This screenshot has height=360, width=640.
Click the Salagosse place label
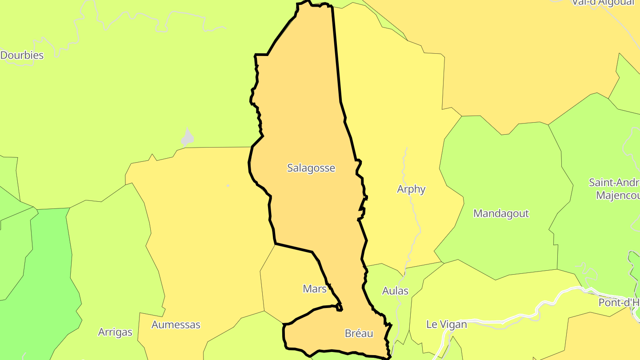pyautogui.click(x=311, y=168)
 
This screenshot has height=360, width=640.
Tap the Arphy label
pyautogui.click(x=411, y=189)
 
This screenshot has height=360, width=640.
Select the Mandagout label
pyautogui.click(x=501, y=213)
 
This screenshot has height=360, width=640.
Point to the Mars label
pyautogui.click(x=315, y=289)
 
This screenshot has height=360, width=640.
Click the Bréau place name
pyautogui.click(x=359, y=333)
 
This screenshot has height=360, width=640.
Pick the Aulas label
pyautogui.click(x=395, y=291)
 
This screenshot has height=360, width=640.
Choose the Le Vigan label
pyautogui.click(x=447, y=324)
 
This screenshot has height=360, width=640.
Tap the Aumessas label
pyautogui.click(x=176, y=325)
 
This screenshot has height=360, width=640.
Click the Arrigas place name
pyautogui.click(x=115, y=332)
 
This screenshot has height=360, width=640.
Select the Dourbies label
pyautogui.click(x=22, y=55)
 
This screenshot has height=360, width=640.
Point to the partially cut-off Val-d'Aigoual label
pyautogui.click(x=603, y=3)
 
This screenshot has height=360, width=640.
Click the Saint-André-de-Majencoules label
pyautogui.click(x=616, y=189)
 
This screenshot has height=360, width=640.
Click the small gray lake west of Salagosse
pyautogui.click(x=188, y=139)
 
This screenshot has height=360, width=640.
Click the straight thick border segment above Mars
pyautogui.click(x=293, y=248)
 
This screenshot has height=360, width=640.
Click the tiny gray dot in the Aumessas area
pyautogui.click(x=228, y=185)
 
